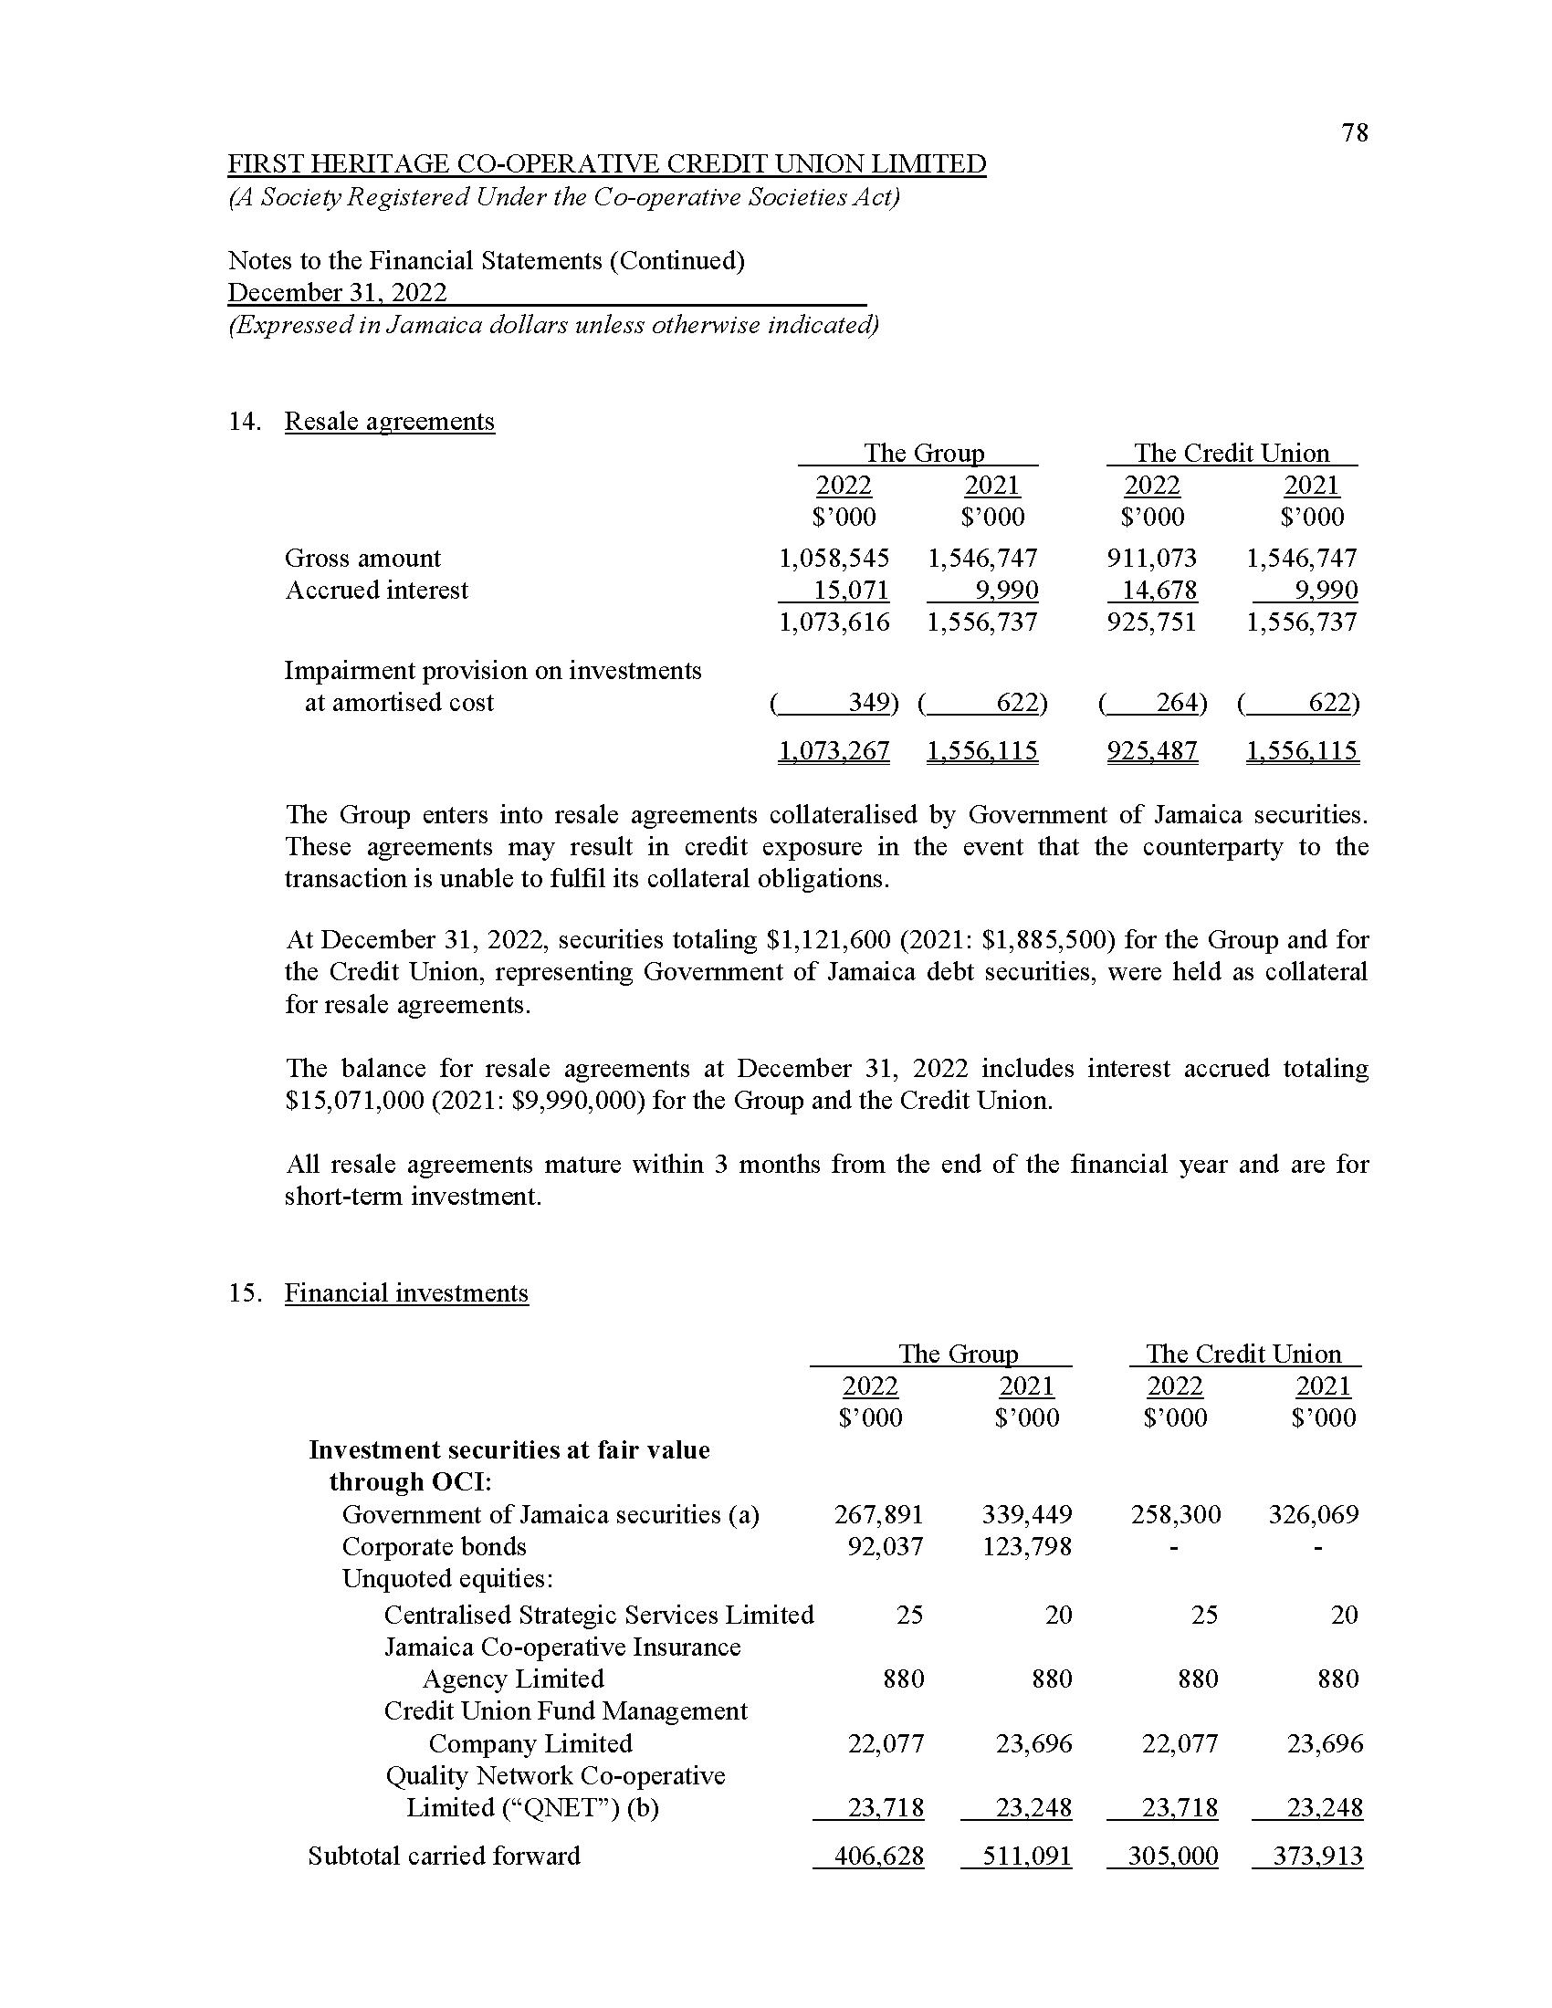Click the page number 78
(1354, 133)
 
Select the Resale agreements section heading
(389, 421)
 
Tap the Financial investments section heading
(406, 1292)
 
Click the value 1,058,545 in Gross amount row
(834, 558)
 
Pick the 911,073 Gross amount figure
(1151, 558)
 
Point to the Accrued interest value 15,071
(852, 591)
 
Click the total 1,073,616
(834, 622)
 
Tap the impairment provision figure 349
(868, 703)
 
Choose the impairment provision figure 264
(1176, 703)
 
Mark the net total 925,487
(1152, 751)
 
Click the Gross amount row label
(362, 558)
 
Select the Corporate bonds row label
(434, 1546)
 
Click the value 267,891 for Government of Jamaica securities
(878, 1514)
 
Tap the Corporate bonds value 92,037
(885, 1546)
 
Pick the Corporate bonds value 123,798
(1026, 1546)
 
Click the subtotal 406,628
(878, 1856)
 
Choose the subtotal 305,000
(1172, 1856)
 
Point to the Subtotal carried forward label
(444, 1856)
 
